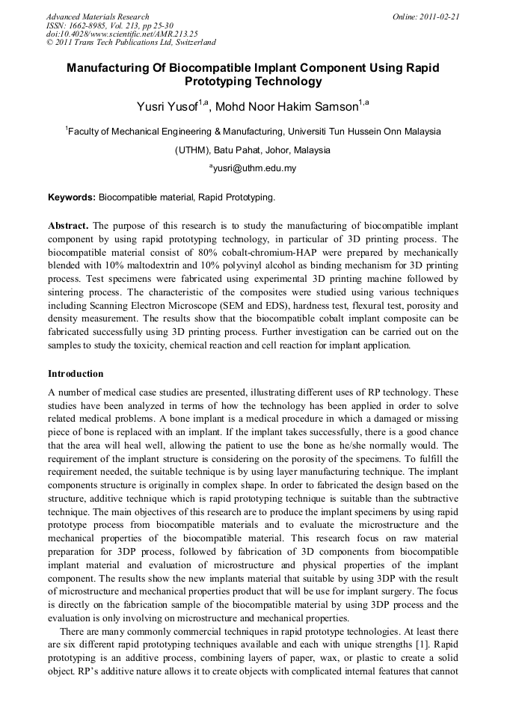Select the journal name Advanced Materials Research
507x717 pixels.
(x=97, y=16)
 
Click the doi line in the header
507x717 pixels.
(x=122, y=34)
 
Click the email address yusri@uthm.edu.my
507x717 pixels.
(x=254, y=168)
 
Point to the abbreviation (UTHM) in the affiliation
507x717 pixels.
(x=195, y=150)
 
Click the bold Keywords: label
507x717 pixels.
(x=72, y=197)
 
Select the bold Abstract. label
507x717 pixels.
(x=69, y=225)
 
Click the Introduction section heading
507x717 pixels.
(x=76, y=373)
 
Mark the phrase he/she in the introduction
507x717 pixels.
(x=360, y=449)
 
